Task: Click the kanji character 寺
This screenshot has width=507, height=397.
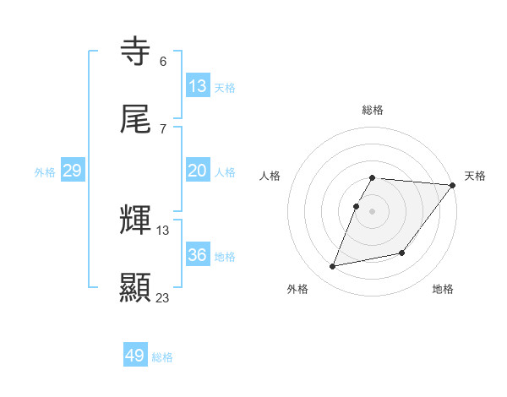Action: click(x=136, y=52)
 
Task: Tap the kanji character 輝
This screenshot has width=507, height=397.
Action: click(x=136, y=221)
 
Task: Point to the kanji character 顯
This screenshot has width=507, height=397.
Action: click(x=136, y=287)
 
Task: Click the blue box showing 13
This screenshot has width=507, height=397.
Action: click(x=198, y=85)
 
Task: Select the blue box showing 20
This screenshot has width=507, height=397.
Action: click(x=198, y=171)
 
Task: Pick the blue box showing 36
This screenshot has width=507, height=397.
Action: click(x=198, y=255)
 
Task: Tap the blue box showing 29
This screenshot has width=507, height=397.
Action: click(x=72, y=171)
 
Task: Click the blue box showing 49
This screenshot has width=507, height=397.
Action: click(x=135, y=356)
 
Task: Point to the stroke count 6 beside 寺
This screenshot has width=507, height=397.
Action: click(x=163, y=62)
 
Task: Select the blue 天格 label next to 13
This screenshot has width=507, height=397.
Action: click(x=224, y=87)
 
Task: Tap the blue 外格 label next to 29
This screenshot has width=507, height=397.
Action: click(x=45, y=172)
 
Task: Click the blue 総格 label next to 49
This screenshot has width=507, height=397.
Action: click(x=162, y=357)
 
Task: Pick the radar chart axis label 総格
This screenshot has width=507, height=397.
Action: click(x=373, y=110)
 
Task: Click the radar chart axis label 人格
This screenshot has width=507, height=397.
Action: click(x=270, y=176)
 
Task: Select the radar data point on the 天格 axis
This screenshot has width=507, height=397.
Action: click(x=453, y=185)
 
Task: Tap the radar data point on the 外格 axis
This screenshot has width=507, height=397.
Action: click(x=333, y=267)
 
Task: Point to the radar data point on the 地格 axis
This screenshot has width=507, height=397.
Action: click(x=402, y=253)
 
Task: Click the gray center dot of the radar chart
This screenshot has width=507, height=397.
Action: click(x=373, y=211)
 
